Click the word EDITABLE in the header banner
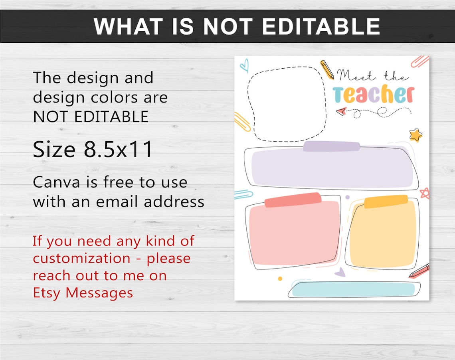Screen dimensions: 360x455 pos(320,27)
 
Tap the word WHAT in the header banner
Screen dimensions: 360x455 pos(123,27)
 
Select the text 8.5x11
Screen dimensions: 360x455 pos(119,150)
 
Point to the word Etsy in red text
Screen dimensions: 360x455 pos(47,293)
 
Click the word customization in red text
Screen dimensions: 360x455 pos(82,259)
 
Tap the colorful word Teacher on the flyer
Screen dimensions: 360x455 pos(374,95)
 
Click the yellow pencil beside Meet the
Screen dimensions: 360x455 pos(327,69)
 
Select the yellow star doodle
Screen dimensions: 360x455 pos(415,135)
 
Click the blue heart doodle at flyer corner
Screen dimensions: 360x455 pos(244,65)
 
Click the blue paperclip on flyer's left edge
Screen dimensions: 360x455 pos(243,194)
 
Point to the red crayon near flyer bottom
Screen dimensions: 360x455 pos(419,271)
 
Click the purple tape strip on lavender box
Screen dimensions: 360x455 pos(331,146)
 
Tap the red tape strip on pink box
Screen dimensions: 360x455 pos(293,200)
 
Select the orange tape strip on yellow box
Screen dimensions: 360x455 pos(386,201)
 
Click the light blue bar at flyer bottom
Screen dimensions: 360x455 pos(354,289)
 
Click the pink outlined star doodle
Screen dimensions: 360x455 pos(424,193)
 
